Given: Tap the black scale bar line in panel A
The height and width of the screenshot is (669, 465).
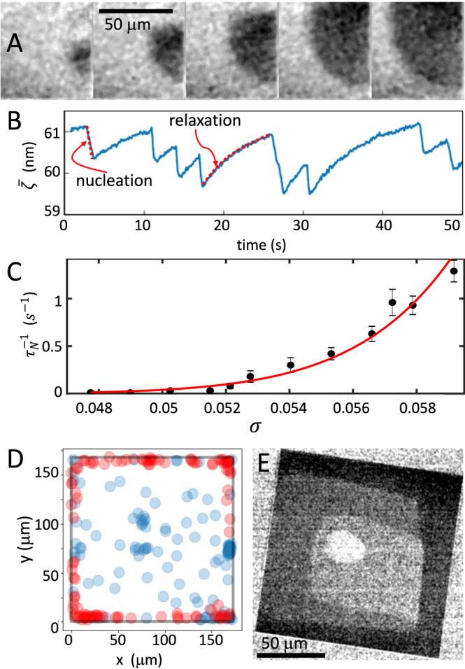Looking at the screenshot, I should [136, 11].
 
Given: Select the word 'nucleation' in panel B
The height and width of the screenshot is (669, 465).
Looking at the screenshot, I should [123, 181].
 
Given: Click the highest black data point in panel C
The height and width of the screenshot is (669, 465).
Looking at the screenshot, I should [453, 271].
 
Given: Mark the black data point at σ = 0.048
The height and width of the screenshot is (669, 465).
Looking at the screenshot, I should [90, 393].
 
